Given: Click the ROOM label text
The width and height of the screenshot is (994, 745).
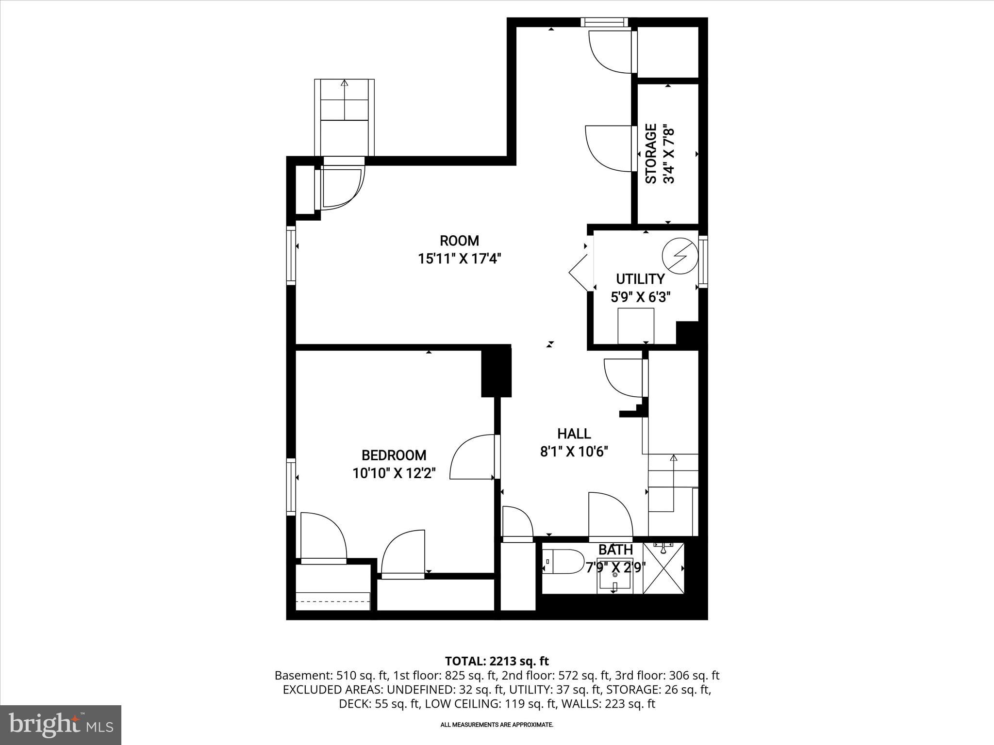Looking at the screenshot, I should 459,241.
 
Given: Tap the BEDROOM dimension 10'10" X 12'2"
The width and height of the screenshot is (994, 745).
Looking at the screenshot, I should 394,473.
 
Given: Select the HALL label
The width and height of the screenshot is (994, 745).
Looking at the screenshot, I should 574,434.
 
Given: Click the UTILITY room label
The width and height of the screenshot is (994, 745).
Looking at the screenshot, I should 640,279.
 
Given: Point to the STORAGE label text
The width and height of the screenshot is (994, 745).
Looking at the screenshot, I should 651,154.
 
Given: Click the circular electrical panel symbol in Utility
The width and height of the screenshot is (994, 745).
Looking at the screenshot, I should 680,255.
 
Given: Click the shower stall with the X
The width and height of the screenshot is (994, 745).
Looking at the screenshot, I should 663,568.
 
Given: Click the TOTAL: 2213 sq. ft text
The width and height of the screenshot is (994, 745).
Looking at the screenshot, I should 497,661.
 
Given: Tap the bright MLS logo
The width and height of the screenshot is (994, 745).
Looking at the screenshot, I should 61,726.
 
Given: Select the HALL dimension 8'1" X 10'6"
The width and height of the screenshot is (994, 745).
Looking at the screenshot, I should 574,452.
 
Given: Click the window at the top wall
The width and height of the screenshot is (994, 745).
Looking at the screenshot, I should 604,22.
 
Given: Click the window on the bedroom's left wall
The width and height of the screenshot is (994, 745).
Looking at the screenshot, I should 291,486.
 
